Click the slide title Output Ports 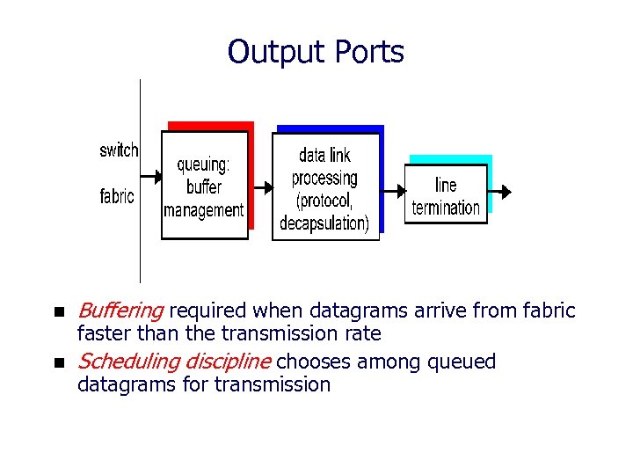click(316, 53)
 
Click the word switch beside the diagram click(119, 150)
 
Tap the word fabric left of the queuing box click(117, 196)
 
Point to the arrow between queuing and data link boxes click(260, 187)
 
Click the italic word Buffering click(120, 311)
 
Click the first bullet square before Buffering click(58, 311)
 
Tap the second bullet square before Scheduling click(58, 362)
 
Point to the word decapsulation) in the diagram click(324, 223)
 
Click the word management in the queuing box click(204, 210)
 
